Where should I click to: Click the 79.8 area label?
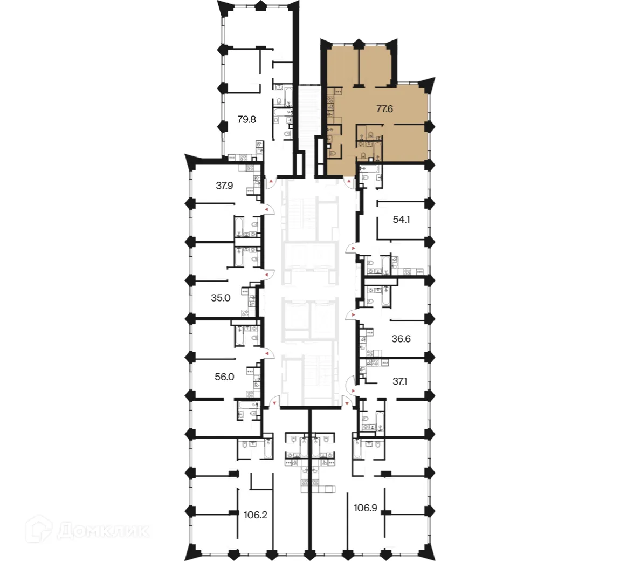(x=247, y=120)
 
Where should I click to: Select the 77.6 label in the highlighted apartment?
(x=384, y=108)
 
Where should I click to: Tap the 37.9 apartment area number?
(x=224, y=186)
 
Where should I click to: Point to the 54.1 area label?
(x=402, y=220)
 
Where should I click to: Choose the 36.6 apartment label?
(x=401, y=339)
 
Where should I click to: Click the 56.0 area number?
(x=224, y=377)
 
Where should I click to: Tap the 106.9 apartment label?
(x=364, y=508)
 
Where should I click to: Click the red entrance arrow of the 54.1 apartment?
(x=352, y=248)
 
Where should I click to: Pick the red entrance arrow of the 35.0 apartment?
(x=267, y=275)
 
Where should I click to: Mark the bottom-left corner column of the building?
(x=192, y=551)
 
